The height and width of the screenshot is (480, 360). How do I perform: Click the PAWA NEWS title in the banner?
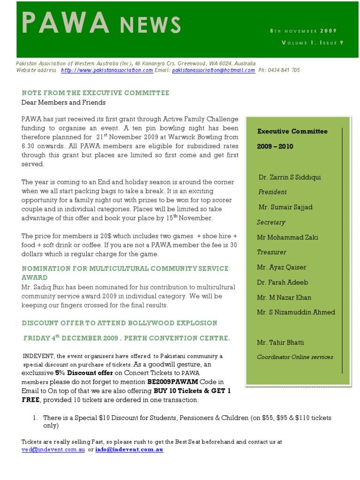point(101,24)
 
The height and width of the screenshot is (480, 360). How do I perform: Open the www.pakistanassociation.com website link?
point(107,70)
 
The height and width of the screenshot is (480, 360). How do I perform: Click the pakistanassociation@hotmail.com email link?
point(213,70)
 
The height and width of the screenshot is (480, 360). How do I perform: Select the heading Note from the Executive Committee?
point(95,93)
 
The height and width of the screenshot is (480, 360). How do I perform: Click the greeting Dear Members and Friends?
point(63,102)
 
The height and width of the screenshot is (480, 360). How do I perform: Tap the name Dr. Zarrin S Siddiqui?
point(290,177)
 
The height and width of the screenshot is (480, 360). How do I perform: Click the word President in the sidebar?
point(272,192)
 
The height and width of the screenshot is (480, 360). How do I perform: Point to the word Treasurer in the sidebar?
point(271,252)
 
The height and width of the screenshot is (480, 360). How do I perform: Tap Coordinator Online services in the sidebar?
point(295,357)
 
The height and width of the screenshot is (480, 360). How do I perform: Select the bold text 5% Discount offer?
point(84,373)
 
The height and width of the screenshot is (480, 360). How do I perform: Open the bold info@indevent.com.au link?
point(129,450)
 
